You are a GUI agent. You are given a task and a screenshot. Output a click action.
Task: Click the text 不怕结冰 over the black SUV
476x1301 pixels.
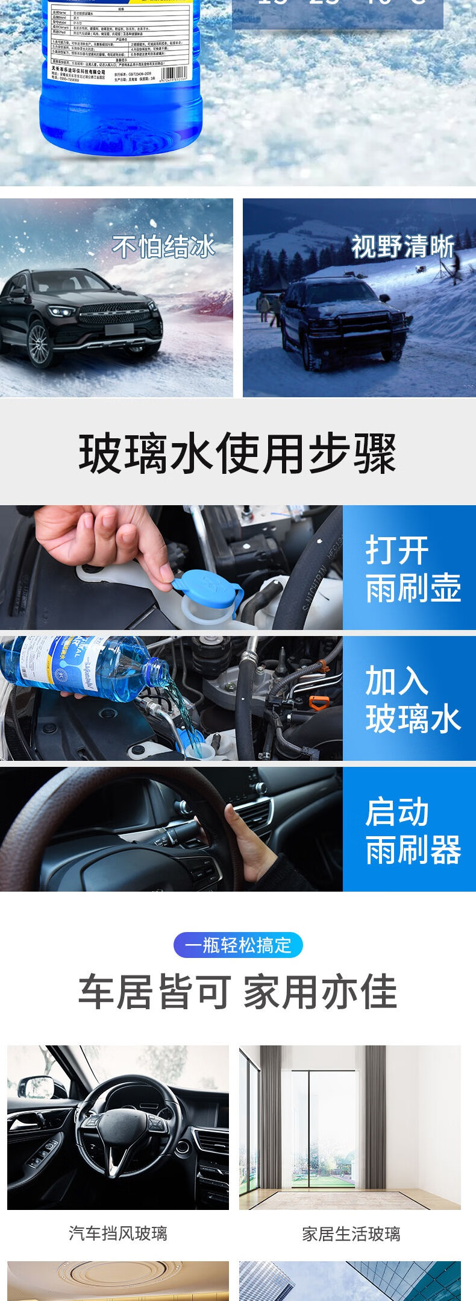coord(163,247)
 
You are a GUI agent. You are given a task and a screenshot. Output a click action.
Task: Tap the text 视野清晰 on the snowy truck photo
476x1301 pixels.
coord(402,247)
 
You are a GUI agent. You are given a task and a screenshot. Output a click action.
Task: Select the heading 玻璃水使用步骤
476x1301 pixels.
coord(237,453)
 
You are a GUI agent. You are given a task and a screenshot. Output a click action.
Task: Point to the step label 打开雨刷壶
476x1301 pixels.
coord(412,569)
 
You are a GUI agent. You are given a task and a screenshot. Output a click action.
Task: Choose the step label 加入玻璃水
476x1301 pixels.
coord(412,699)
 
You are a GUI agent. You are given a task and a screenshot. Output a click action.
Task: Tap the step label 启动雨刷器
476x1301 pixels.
coord(412,830)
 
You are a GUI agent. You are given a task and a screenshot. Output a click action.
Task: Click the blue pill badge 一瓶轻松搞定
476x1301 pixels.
coord(238,945)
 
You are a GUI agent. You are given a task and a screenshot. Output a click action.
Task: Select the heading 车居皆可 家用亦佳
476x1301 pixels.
coord(237,991)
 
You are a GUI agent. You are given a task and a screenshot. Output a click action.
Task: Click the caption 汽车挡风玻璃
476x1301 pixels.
coord(118,1233)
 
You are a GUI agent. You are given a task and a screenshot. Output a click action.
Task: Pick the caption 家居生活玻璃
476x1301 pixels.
coord(351,1234)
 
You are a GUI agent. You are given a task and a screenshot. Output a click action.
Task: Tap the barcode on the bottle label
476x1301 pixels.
coord(178,77)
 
